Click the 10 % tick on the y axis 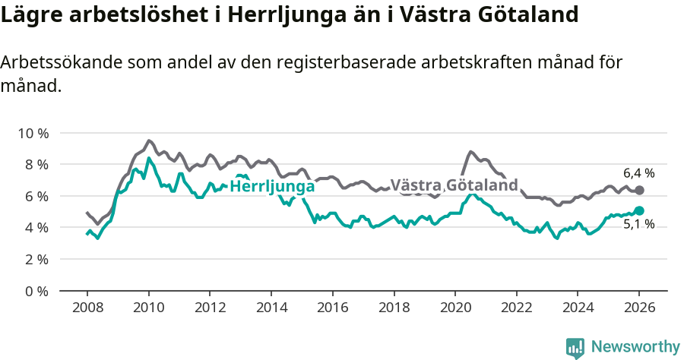(32, 133)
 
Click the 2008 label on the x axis (87, 308)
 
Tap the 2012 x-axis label (210, 308)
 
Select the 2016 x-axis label (332, 308)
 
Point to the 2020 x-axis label (455, 308)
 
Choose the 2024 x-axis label (578, 308)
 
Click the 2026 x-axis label (639, 308)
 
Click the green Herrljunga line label (272, 187)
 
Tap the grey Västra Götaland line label (454, 185)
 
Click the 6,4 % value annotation (638, 173)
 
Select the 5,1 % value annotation (638, 225)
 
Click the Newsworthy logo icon (575, 347)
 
